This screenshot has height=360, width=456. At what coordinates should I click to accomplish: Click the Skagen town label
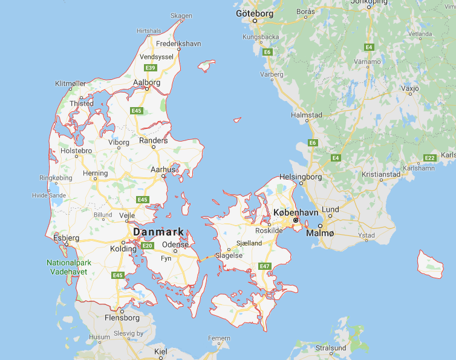[x=181, y=16]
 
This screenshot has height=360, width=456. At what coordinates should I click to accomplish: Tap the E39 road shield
[x=149, y=68]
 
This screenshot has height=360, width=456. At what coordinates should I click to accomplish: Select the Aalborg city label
[x=147, y=82]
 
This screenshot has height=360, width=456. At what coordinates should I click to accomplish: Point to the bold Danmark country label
[x=158, y=232]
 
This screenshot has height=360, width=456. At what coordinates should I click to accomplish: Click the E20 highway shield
[x=147, y=245]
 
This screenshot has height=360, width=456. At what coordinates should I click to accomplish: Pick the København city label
[x=295, y=213]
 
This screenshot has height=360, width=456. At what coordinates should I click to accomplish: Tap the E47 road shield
[x=264, y=266]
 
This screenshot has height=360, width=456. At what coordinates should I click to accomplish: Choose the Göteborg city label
[x=255, y=13]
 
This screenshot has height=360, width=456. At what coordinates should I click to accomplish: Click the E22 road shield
[x=429, y=158]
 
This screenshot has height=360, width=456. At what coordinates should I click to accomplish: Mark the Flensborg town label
[x=122, y=318]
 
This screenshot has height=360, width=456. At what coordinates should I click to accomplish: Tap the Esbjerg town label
[x=66, y=238]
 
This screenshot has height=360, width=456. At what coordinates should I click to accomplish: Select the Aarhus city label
[x=164, y=169]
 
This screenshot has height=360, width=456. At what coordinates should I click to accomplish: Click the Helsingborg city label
[x=301, y=177]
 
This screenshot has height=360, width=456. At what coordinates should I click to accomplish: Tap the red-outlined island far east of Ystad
[x=431, y=264]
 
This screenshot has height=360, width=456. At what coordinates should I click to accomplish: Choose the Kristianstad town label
[x=381, y=174]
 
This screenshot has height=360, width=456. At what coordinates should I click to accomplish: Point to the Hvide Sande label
[x=49, y=196]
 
